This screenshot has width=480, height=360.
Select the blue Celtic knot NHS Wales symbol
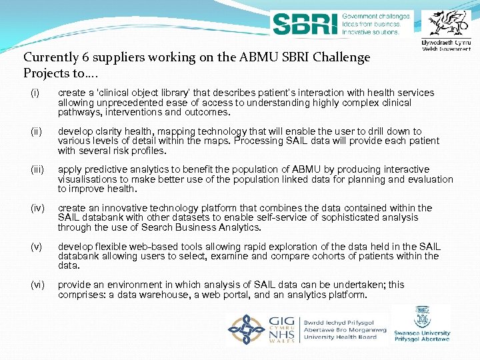[x=247, y=329]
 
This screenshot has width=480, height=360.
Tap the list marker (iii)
[x=37, y=169]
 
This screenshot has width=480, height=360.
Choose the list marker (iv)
[x=37, y=208]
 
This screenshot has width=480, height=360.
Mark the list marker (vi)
[x=37, y=285]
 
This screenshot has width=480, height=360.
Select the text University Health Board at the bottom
[x=340, y=337]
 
